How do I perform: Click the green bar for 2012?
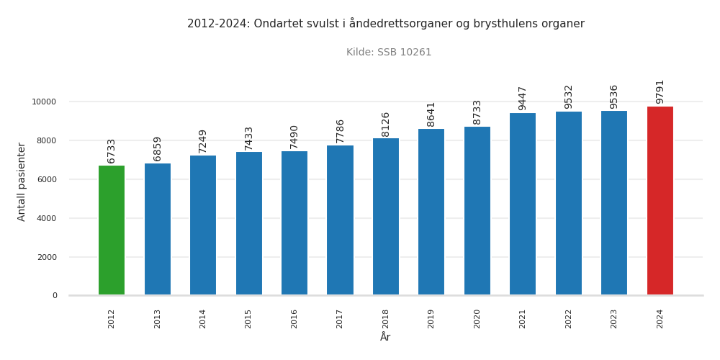pos(112,230)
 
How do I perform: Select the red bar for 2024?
pos(660,201)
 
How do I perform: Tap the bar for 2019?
pos(431,212)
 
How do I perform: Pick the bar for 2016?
pos(294,223)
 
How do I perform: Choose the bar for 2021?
pos(523,204)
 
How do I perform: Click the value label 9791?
pos(660,91)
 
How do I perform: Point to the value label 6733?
pos(112,150)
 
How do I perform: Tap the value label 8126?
pos(386,124)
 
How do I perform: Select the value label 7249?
pos(203,141)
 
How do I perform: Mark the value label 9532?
pos(569,96)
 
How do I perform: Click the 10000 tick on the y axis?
pos(44,102)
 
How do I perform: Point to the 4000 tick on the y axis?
pos(47,219)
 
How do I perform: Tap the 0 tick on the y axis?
pos(55,296)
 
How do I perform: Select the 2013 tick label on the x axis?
pos(158,319)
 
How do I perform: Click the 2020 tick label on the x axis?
pos(477,319)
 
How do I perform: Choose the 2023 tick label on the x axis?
pos(614,319)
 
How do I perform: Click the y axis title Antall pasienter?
pos(22,181)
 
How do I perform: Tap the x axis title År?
pos(385,337)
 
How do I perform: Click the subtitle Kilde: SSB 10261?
pos(389,53)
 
